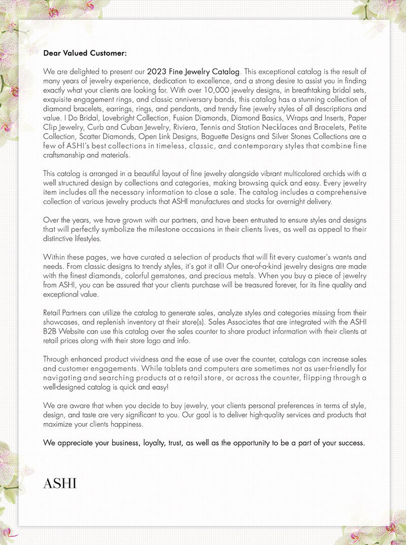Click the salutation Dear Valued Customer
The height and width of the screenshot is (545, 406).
(85, 53)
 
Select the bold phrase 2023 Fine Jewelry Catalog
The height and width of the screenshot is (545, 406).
(193, 72)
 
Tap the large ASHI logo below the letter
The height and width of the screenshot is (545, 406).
(60, 483)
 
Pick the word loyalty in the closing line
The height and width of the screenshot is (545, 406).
(153, 443)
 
